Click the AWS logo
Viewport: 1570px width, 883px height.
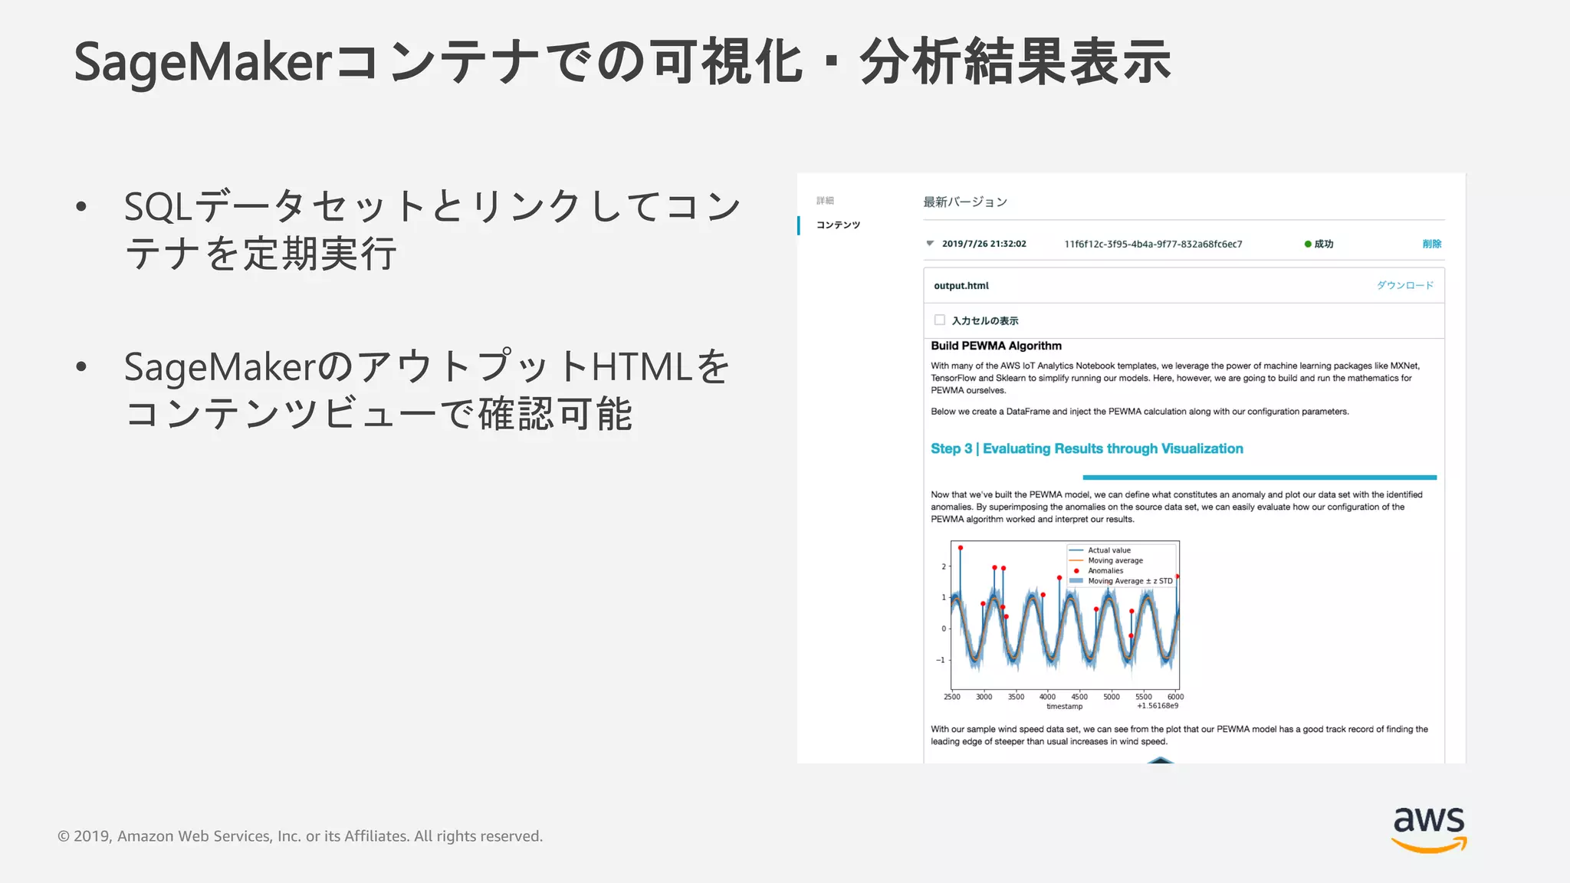coord(1428,829)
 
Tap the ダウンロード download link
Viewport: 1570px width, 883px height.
coord(1404,285)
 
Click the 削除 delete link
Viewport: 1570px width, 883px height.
coord(1431,244)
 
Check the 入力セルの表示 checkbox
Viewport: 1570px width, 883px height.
coord(939,320)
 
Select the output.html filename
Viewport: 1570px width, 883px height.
coord(961,286)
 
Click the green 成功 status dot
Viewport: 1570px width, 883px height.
coord(1308,244)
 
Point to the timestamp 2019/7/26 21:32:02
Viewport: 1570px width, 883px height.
coord(984,244)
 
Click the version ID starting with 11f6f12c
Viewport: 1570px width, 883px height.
coord(1153,244)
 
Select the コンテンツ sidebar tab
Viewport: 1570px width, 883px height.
coord(838,225)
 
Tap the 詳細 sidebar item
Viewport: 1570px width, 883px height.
coord(825,201)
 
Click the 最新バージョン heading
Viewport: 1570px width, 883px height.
coord(964,202)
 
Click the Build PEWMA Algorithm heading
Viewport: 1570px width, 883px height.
coord(996,346)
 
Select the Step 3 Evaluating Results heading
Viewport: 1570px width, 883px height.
coord(1086,448)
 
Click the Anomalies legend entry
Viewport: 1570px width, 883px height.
coord(1105,571)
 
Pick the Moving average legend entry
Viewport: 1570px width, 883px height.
coord(1115,560)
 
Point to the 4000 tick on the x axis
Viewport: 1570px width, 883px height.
coord(1047,697)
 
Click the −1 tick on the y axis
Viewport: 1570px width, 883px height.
coord(941,659)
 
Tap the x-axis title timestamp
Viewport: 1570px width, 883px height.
coord(1064,707)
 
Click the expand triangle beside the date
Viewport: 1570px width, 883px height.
coord(930,244)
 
